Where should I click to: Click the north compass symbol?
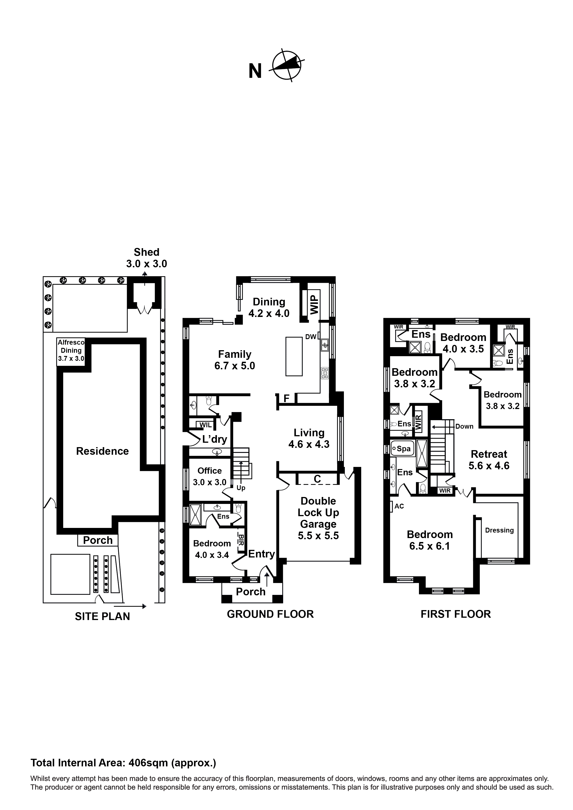tap(287, 66)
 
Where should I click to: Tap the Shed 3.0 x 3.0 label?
tap(146, 258)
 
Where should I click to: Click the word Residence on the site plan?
tap(102, 451)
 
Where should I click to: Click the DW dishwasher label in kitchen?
tap(311, 337)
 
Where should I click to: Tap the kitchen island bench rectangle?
tap(294, 356)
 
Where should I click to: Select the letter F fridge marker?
tap(286, 399)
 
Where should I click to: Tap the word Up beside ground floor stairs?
tap(241, 488)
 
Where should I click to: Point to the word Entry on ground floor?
tap(261, 554)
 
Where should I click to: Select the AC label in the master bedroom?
tap(399, 506)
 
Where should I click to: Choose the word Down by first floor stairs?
tap(464, 427)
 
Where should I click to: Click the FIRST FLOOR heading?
tap(455, 614)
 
